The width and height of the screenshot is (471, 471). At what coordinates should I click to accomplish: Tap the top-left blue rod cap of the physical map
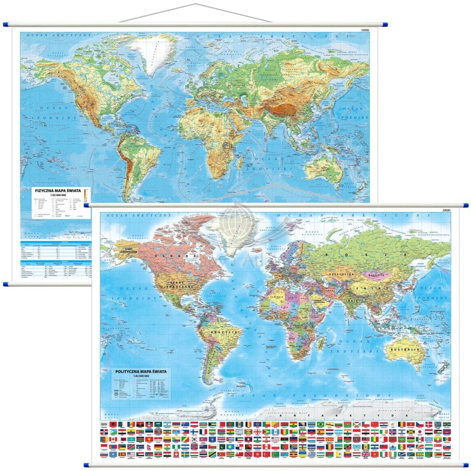coord(7,24)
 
